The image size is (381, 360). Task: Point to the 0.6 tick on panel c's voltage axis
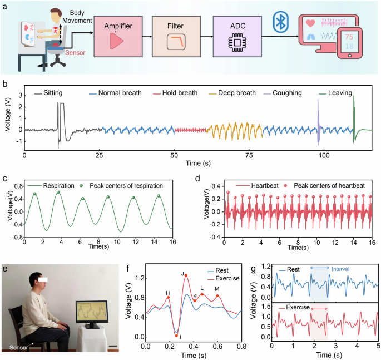click(16, 193)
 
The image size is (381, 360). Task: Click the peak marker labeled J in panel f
click(186, 275)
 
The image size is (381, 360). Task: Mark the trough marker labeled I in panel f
click(176, 336)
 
